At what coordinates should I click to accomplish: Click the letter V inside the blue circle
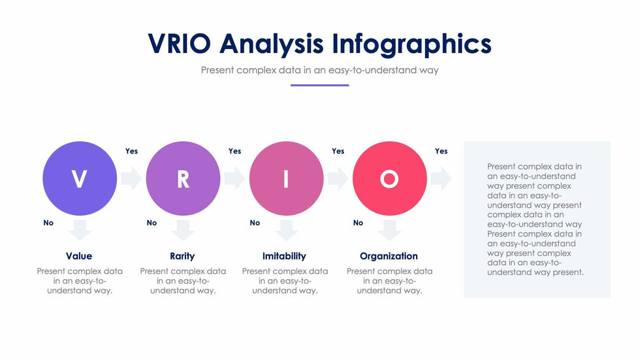coord(79,179)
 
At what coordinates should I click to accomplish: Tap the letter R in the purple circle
coord(183,179)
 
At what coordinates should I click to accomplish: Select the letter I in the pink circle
coord(286,179)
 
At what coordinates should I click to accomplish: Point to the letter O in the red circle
coord(389,179)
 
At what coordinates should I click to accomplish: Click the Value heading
coord(79,256)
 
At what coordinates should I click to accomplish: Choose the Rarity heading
coord(182,256)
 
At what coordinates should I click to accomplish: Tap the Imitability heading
coord(284,256)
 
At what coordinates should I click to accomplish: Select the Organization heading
coord(389,256)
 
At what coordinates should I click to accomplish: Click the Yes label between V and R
coord(131,151)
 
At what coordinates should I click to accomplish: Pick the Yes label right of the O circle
coord(441,151)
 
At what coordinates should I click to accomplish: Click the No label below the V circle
coord(48,223)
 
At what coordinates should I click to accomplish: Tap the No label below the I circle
coord(255,223)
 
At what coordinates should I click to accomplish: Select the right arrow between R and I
coord(234,178)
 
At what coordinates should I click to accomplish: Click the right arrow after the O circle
coord(441,178)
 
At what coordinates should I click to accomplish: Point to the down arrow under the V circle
coord(80,230)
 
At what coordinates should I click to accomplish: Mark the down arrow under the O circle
coord(390,230)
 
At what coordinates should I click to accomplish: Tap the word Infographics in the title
coord(411,44)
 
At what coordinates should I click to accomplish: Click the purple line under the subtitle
coord(319,86)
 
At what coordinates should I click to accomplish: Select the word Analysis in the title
coord(272,44)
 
